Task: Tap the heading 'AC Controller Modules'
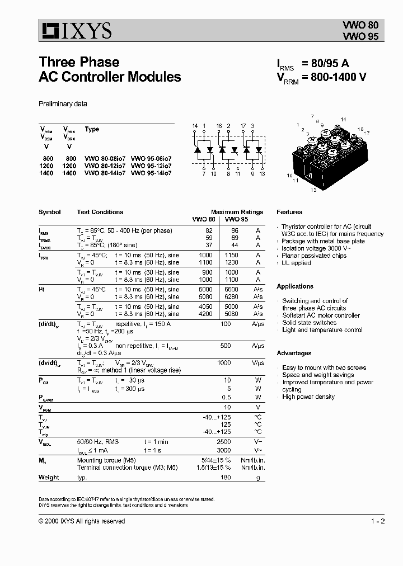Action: tap(110, 77)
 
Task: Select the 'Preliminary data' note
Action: tap(63, 104)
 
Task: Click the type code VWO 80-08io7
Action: tap(105, 158)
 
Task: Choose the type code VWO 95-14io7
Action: tap(151, 173)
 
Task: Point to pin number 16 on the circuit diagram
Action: tap(219, 126)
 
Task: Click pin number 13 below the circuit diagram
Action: tap(262, 174)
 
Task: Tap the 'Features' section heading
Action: tap(289, 213)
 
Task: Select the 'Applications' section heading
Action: tap(295, 286)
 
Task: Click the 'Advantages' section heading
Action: tap(294, 353)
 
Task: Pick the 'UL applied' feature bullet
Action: tap(296, 263)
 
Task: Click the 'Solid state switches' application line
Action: tap(309, 323)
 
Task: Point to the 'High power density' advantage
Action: tap(308, 397)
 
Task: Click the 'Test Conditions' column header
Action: tap(100, 213)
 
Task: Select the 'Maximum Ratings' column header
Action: tap(237, 213)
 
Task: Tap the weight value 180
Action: tap(226, 478)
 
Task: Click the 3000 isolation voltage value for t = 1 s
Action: tap(224, 450)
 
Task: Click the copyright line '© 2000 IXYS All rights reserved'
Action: tap(82, 521)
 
